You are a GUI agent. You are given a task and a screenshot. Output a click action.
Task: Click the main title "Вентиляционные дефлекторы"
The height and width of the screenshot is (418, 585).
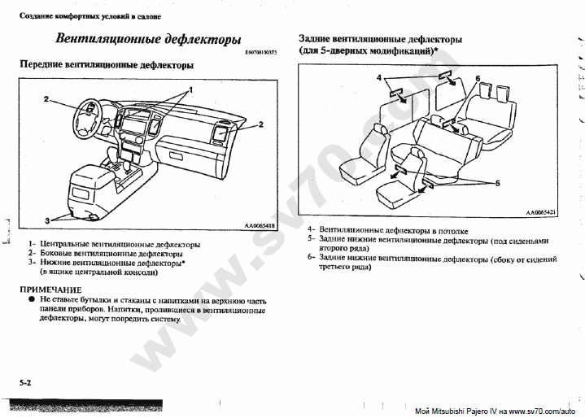coord(148,39)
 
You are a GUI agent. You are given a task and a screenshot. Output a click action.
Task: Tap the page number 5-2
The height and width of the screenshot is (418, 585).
coord(25,382)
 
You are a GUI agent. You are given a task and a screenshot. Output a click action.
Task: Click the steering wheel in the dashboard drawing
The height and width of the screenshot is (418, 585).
coord(89,119)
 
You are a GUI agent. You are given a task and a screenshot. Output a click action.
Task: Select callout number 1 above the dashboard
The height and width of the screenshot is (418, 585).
coord(190,89)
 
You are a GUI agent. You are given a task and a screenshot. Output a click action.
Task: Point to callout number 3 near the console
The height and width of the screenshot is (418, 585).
coord(47,220)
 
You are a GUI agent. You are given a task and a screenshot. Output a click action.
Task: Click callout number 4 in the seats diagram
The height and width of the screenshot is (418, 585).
coord(379,77)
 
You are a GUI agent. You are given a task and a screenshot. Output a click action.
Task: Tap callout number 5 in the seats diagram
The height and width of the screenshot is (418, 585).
coord(497,184)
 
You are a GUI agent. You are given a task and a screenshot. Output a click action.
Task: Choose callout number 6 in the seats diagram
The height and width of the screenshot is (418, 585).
coord(478,78)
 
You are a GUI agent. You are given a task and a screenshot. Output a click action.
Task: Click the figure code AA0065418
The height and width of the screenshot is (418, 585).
coord(260,225)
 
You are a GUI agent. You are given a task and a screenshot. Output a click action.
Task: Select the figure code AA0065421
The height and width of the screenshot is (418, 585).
coord(541,212)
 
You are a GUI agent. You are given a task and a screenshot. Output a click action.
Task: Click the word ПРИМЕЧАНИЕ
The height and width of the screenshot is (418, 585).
coord(50,290)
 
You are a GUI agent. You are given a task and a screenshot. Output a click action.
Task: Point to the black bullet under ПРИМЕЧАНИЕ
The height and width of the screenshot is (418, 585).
coord(32,299)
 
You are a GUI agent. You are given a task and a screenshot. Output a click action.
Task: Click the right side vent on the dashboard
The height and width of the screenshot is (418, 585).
coord(220,133)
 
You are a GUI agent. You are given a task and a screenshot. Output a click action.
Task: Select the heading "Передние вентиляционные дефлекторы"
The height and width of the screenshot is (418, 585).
coord(107,65)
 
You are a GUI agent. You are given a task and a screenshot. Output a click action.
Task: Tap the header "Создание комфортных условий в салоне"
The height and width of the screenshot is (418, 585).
coord(90,16)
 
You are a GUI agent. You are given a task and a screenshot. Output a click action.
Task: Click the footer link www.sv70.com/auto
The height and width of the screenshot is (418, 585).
coord(542,411)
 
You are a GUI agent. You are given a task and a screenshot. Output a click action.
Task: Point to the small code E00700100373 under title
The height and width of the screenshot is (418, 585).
coord(261,52)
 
